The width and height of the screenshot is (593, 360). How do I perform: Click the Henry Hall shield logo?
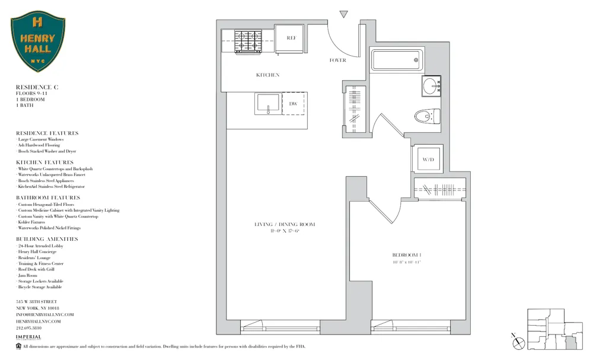tap(38, 43)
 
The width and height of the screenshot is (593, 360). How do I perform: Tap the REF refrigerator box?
tap(291, 39)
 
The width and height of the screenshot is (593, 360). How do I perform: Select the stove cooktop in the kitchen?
tap(248, 42)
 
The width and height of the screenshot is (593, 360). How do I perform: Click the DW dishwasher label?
tap(293, 104)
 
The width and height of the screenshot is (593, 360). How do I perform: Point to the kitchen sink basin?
tap(268, 104)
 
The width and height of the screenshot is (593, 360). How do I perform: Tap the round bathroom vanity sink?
tap(431, 86)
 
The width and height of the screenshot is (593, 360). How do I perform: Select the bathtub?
tap(396, 60)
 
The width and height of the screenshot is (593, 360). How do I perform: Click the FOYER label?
tap(337, 60)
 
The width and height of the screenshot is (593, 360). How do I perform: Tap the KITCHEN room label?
tap(267, 75)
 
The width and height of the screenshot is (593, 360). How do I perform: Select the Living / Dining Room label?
tap(285, 224)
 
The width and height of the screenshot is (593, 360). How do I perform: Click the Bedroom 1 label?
tap(406, 256)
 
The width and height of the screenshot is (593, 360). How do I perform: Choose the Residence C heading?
tap(37, 87)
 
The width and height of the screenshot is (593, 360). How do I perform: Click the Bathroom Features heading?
tap(47, 197)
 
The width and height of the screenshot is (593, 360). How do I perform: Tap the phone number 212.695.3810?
tap(28, 327)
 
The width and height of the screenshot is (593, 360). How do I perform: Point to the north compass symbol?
tap(519, 342)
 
